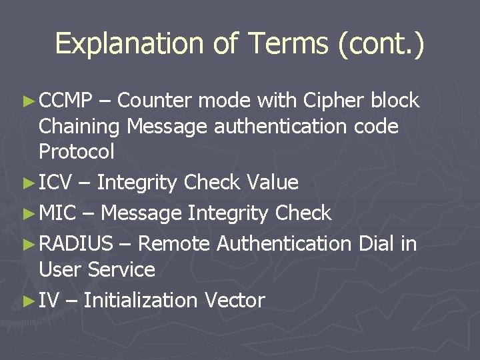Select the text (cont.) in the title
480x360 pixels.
[x=381, y=44]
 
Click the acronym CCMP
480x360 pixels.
[x=65, y=101]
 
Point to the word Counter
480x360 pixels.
[x=155, y=101]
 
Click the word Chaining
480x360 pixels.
[x=81, y=126]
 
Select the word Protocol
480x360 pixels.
[x=77, y=152]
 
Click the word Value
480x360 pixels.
[x=272, y=182]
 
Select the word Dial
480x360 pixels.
[x=377, y=244]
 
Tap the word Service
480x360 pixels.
[x=121, y=270]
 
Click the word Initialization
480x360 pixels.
[x=141, y=300]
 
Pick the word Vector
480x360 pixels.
[x=235, y=300]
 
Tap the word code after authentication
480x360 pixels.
[x=375, y=126]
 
